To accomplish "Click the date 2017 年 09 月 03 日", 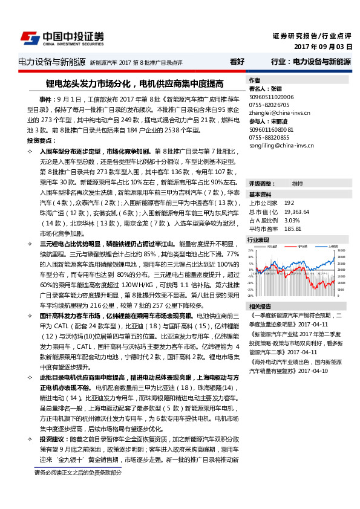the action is click(322, 47).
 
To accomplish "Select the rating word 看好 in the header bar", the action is click(237, 62).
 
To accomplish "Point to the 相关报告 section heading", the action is click(260, 306).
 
